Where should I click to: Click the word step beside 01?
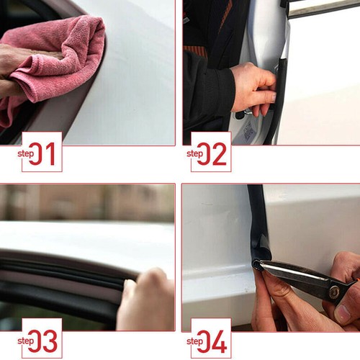[x=26, y=153]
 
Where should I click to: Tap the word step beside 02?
[x=195, y=153]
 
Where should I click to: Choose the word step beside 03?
[x=26, y=340]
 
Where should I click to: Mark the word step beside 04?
[x=195, y=340]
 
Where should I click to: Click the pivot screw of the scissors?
[x=333, y=292]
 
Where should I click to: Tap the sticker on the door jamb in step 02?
[x=248, y=130]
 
